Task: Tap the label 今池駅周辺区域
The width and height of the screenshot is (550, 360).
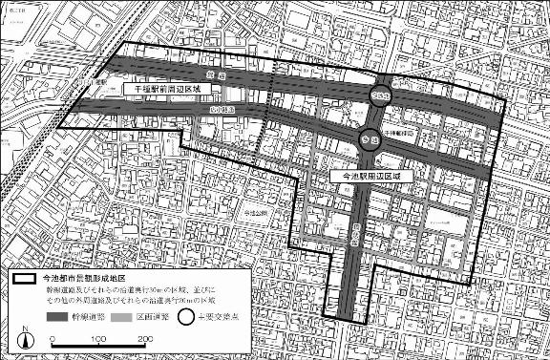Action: [x=370, y=177]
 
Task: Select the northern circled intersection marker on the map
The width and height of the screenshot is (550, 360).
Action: [x=381, y=94]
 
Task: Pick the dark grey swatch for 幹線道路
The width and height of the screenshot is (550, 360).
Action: [x=59, y=316]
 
